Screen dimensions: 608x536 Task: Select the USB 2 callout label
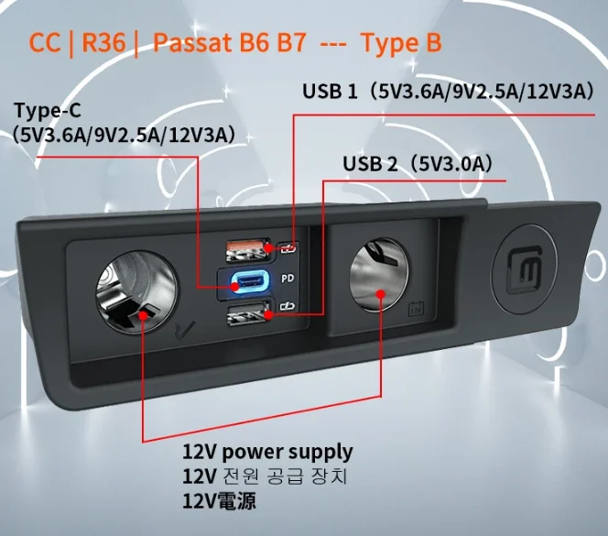tap(371, 164)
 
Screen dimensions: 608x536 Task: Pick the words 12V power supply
tap(267, 452)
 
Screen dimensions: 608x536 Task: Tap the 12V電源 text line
tap(219, 501)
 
